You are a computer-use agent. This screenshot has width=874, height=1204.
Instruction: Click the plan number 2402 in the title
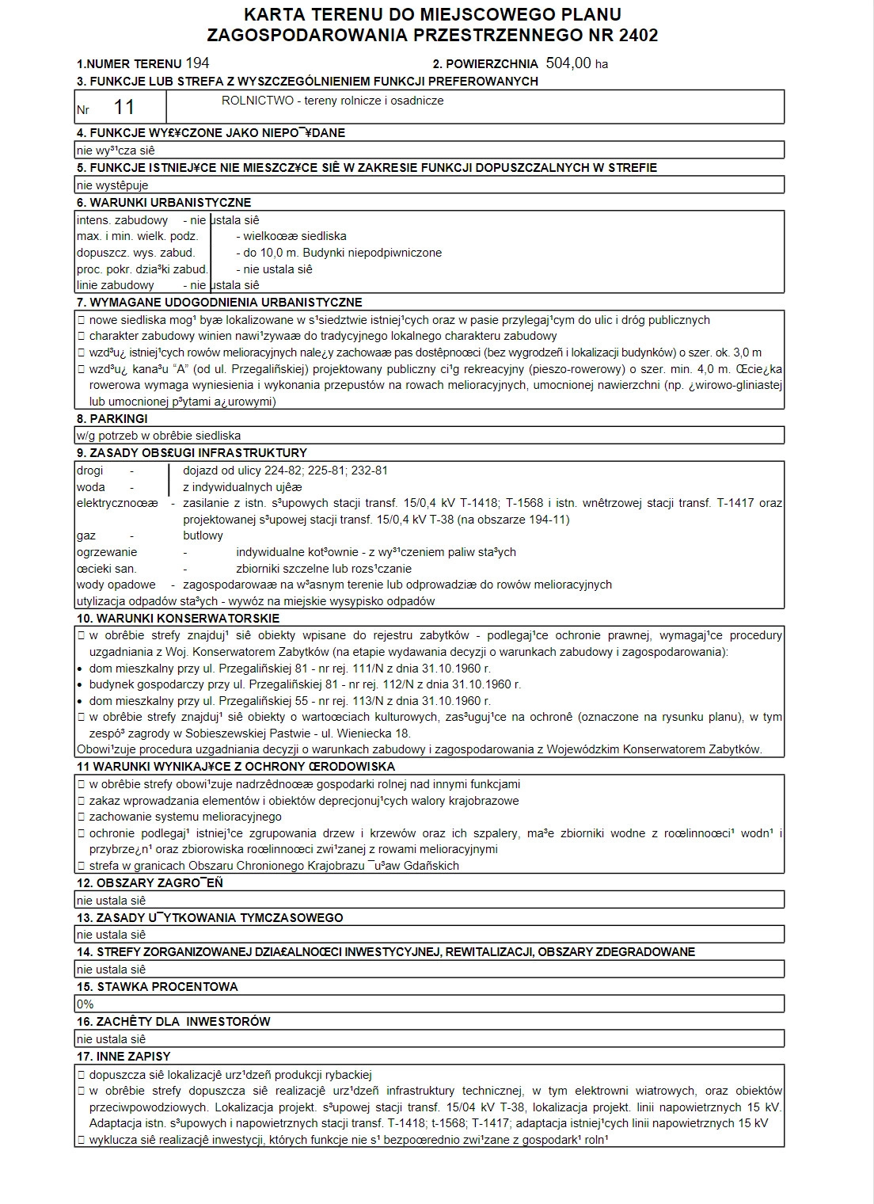click(x=634, y=35)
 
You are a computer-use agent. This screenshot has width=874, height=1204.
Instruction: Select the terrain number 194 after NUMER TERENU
click(x=197, y=63)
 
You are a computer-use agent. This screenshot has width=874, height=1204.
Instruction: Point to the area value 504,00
click(x=568, y=63)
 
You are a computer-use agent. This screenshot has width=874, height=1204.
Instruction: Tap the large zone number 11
click(x=124, y=107)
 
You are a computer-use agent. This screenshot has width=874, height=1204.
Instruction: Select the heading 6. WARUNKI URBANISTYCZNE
click(x=164, y=203)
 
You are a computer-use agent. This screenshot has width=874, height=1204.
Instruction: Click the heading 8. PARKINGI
click(x=112, y=419)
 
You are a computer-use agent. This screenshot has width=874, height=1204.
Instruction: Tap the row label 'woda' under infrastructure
click(x=90, y=487)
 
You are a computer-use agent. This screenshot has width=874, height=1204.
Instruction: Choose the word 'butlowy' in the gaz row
click(x=203, y=535)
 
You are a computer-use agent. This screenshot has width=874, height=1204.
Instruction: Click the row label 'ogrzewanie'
click(x=107, y=552)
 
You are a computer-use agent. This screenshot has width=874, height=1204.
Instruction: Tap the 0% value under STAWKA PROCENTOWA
click(x=85, y=1004)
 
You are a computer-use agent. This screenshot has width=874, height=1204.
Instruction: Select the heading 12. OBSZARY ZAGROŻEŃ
click(x=150, y=883)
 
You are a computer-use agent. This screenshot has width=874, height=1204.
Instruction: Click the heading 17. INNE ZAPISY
click(x=123, y=1057)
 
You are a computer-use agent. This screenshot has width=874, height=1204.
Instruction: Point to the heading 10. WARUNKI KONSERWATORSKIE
click(x=178, y=619)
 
